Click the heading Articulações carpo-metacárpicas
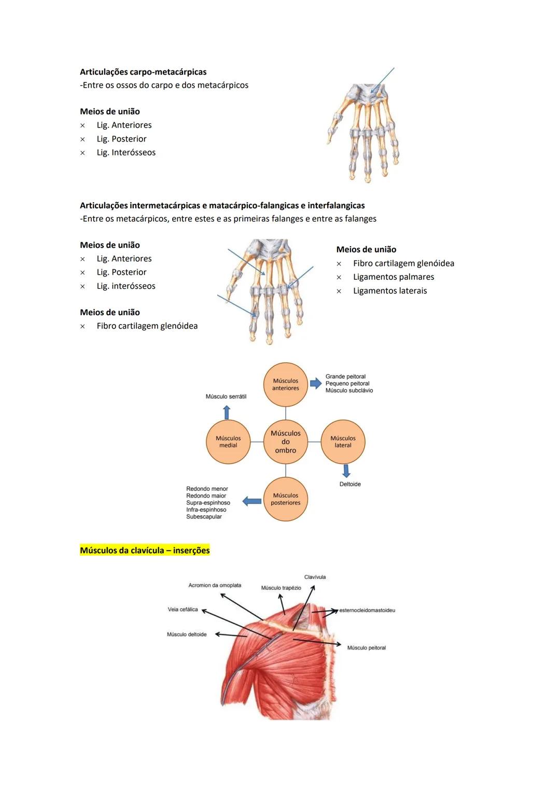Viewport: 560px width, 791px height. pos(143,72)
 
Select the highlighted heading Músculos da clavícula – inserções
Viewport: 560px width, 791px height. pos(145,550)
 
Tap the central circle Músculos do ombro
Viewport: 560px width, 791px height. pos(286,442)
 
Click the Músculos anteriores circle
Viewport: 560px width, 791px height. pos(286,385)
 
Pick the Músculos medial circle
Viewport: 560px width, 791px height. pos(228,442)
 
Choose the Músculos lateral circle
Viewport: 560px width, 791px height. pos(343,442)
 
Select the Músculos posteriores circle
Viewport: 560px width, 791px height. pos(286,499)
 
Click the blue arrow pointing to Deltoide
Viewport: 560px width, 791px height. pos(346,471)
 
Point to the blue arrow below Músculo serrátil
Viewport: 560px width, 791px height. pos(227,413)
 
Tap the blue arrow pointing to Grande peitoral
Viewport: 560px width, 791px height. pos(316,384)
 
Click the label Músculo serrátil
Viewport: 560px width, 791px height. pos(226,397)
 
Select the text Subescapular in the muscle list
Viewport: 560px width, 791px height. pos(204,517)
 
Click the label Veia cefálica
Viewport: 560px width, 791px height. pos(183,610)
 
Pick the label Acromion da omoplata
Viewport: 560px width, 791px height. pos(215,585)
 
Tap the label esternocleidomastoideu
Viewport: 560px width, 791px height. pos(367,611)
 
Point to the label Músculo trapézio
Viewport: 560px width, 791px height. pos(281,588)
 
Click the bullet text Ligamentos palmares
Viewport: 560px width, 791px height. pos(394,277)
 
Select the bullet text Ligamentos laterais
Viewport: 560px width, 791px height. pos(390,291)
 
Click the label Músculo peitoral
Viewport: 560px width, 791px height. pos(366,648)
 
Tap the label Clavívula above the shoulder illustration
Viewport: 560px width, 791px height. pos(315,577)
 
